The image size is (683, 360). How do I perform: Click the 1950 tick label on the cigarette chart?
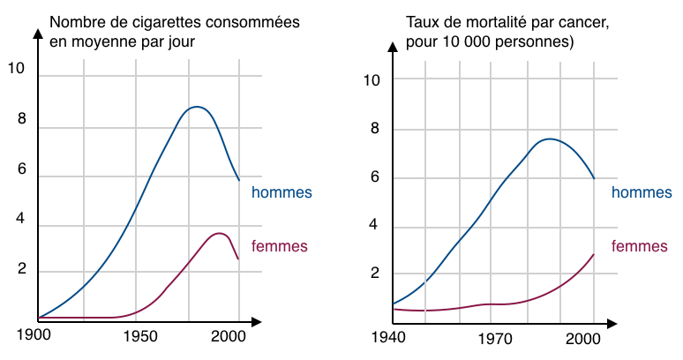(x=139, y=336)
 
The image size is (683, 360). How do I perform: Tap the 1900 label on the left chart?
(x=34, y=336)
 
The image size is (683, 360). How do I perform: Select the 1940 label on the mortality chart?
(x=388, y=337)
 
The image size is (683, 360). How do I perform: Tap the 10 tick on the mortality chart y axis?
(x=372, y=80)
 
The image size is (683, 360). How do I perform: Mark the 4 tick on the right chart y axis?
(x=375, y=225)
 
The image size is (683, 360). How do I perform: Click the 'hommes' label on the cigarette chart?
(x=281, y=192)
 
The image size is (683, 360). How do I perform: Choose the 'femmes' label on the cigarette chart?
(x=280, y=245)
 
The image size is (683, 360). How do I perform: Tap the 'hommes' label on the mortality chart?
(x=642, y=192)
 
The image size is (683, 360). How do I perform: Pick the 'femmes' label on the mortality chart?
(x=639, y=246)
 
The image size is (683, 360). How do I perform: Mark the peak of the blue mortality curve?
(x=550, y=139)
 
